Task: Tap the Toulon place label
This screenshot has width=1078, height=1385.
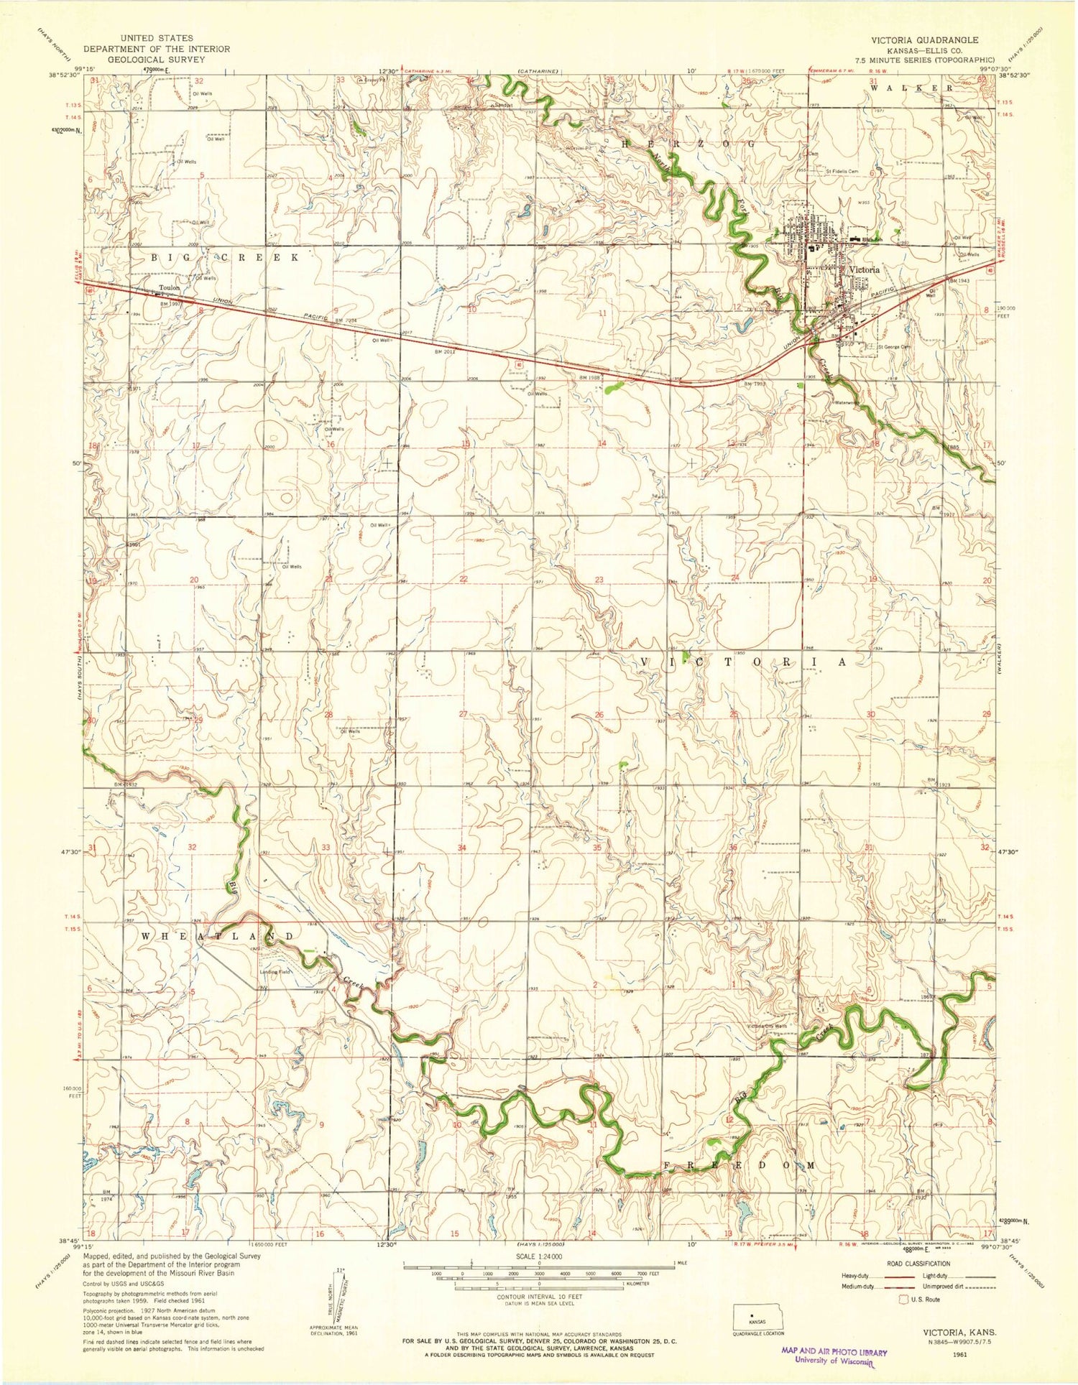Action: tap(170, 288)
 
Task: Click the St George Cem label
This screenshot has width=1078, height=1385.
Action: tap(893, 347)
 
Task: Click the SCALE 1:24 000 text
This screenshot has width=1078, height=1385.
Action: tap(538, 1256)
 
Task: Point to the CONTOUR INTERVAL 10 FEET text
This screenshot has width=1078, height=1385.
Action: tap(538, 1297)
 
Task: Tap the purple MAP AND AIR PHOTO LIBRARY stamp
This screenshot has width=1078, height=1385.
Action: tap(834, 1355)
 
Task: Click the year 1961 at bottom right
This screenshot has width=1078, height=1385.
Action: tap(956, 1352)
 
